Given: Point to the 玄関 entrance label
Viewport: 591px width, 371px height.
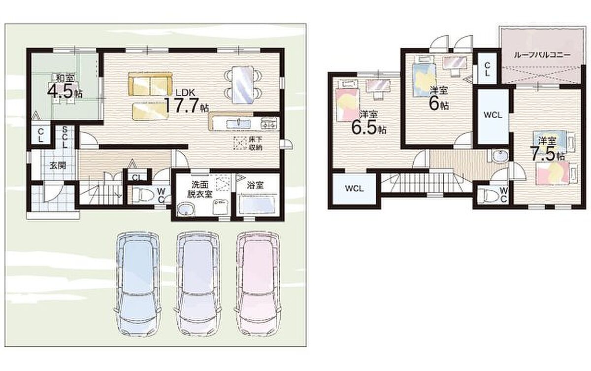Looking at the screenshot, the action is (58, 166).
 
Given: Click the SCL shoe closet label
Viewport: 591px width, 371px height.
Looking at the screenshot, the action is (65, 137).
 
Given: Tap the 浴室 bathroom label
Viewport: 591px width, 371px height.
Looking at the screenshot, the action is (256, 185).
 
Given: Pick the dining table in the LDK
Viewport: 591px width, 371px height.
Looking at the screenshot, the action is (243, 85).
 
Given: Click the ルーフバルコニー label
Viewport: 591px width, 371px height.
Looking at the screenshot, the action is (542, 55).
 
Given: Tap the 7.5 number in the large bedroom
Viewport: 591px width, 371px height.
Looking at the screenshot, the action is (543, 154).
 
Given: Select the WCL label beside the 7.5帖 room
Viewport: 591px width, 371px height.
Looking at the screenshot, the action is (492, 115).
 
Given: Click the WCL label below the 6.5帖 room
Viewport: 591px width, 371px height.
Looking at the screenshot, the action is (354, 188).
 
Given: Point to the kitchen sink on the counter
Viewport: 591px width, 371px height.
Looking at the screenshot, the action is (239, 123).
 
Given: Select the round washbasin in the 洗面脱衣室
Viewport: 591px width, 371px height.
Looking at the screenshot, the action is (186, 209).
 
